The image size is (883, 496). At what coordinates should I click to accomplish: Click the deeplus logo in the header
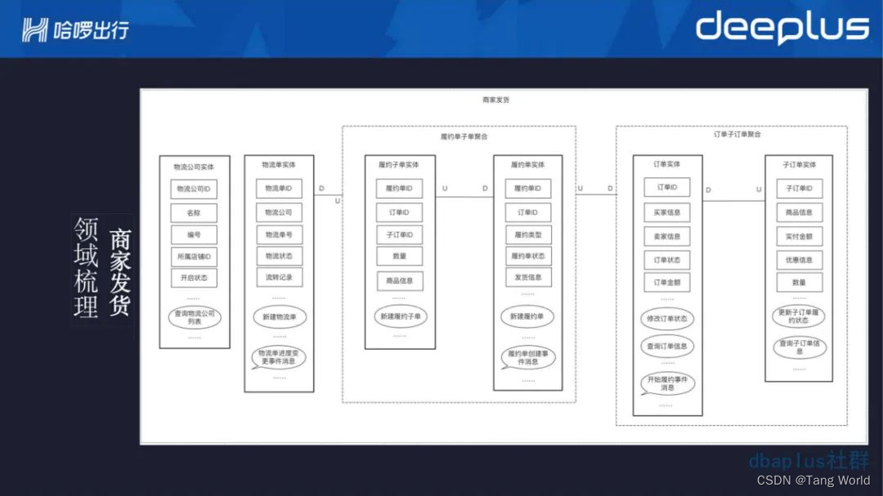click(x=782, y=29)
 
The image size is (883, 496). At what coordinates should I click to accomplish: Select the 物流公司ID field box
click(x=194, y=190)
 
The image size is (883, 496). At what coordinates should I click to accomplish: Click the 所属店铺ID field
click(x=194, y=256)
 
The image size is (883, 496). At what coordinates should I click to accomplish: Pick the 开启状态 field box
click(x=194, y=278)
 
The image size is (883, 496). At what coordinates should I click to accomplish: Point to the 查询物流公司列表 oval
click(x=194, y=317)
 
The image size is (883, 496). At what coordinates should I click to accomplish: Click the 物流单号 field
click(x=279, y=235)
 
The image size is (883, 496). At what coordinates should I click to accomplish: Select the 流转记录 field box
click(x=279, y=278)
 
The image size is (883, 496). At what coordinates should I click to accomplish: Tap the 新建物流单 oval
click(x=279, y=316)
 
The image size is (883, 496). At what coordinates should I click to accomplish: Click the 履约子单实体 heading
click(x=399, y=165)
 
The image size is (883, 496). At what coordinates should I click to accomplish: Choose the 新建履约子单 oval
click(x=399, y=316)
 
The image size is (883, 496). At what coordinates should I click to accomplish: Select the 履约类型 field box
click(x=527, y=235)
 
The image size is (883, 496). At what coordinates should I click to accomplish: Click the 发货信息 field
click(x=527, y=278)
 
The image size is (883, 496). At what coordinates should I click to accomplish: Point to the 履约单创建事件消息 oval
click(x=527, y=357)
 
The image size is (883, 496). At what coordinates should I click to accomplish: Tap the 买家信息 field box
click(x=666, y=212)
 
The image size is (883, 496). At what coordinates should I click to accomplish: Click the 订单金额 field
click(x=666, y=283)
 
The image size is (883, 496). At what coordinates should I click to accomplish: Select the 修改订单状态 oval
click(x=666, y=319)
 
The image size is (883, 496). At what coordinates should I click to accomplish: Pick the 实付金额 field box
click(x=799, y=237)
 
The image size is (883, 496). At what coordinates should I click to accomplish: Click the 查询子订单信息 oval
click(x=799, y=347)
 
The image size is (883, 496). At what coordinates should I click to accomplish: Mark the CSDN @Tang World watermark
click(x=813, y=480)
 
